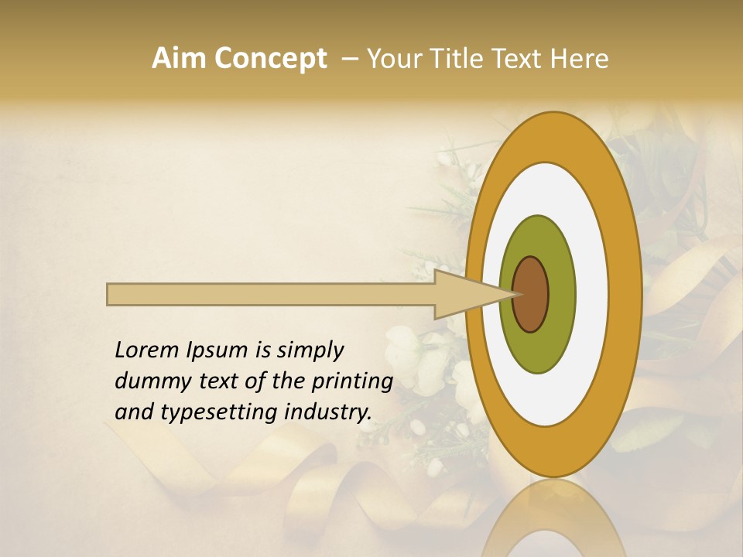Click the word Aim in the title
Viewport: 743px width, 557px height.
pyautogui.click(x=180, y=59)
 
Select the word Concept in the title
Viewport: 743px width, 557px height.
pyautogui.click(x=269, y=59)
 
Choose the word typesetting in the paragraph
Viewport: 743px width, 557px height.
pyautogui.click(x=203, y=413)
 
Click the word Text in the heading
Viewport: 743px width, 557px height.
pyautogui.click(x=519, y=59)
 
